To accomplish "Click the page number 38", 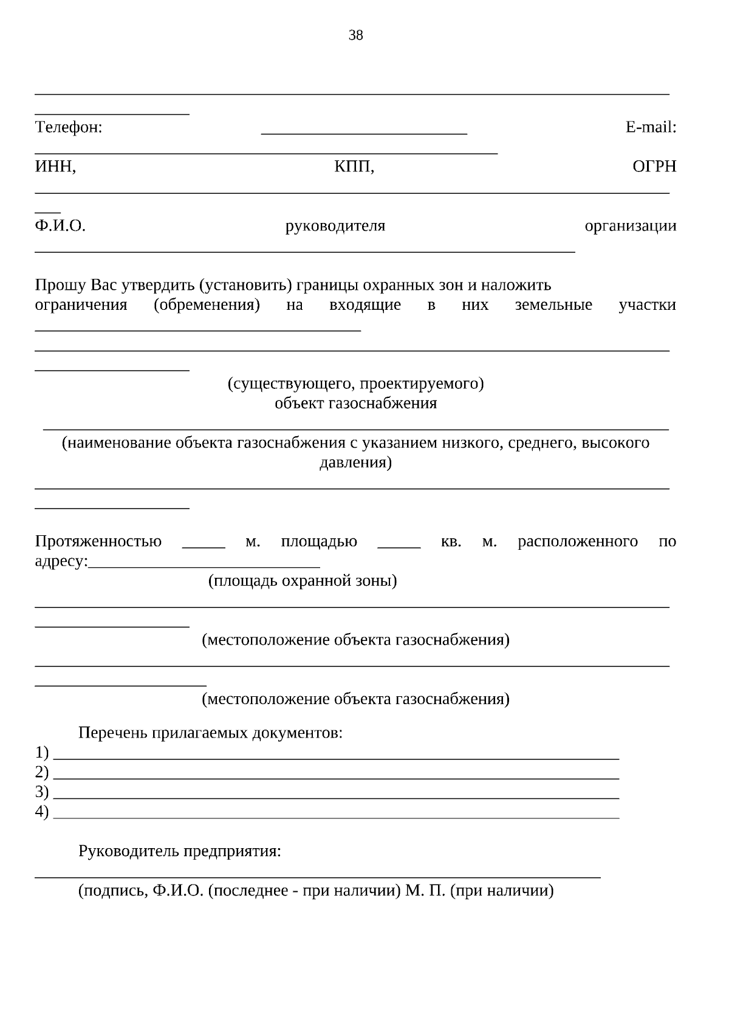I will point(355,35).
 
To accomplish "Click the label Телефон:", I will point(69,128).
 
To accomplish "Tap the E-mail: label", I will point(651,128).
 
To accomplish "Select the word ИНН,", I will point(55,167).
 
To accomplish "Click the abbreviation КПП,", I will point(354,167).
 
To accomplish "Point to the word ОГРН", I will point(654,167).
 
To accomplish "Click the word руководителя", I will point(335,226).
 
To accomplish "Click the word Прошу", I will point(61,285).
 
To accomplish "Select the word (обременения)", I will point(207,305).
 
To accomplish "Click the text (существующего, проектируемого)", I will point(355,384).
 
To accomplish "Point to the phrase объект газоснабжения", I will point(355,403).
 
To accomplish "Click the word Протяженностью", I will point(98,541).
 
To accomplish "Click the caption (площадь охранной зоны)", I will point(303,581).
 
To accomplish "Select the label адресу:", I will point(61,561).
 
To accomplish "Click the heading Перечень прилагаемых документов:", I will point(210,733).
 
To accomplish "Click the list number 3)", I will point(42,792).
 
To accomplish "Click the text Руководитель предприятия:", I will point(180,851).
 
